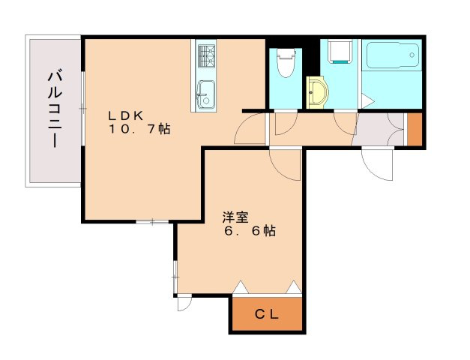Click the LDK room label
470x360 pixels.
pyautogui.click(x=126, y=115)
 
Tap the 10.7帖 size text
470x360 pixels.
pyautogui.click(x=139, y=129)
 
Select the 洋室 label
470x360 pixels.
pyautogui.click(x=235, y=217)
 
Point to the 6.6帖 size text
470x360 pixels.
pyautogui.click(x=250, y=231)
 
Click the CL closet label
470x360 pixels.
pyautogui.click(x=267, y=314)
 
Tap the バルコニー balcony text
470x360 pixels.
pyautogui.click(x=55, y=109)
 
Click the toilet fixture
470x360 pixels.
pyautogui.click(x=285, y=63)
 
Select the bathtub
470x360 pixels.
pyautogui.click(x=392, y=55)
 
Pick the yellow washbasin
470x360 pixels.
pyautogui.click(x=317, y=92)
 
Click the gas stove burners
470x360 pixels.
pyautogui.click(x=207, y=56)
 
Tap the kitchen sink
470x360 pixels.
pyautogui.click(x=205, y=94)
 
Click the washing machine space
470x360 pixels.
pyautogui.click(x=340, y=51)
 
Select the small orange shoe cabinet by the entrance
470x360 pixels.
pyautogui.click(x=415, y=129)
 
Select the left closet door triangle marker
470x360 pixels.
pyautogui.click(x=241, y=287)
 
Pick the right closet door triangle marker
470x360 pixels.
pyautogui.click(x=293, y=287)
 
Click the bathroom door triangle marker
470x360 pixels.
pyautogui.click(x=367, y=100)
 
